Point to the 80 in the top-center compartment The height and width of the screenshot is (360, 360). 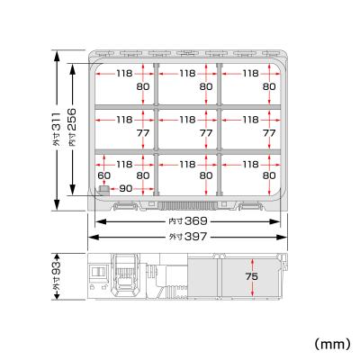point(206,87)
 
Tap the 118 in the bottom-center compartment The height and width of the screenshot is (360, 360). point(187,164)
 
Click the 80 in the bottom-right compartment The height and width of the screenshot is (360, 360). point(268,176)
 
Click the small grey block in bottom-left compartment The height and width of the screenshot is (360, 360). point(103,189)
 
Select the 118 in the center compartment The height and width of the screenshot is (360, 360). point(187,118)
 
